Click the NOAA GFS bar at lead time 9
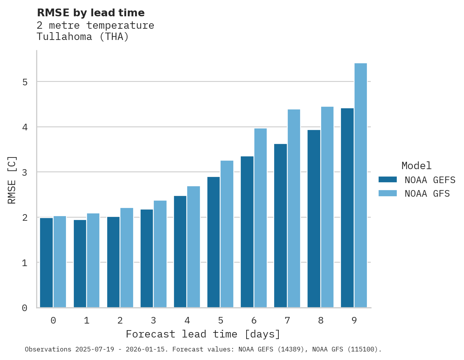click(361, 185)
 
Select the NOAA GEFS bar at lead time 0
click(47, 263)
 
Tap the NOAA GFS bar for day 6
click(261, 218)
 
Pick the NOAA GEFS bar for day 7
click(281, 226)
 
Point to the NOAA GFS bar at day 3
click(160, 254)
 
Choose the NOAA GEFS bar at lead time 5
click(214, 242)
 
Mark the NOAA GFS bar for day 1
click(93, 260)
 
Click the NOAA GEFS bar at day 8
click(314, 219)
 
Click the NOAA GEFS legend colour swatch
click(388, 180)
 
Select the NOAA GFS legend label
click(427, 194)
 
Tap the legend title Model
click(416, 166)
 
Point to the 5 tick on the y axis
click(24, 82)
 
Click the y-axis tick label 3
click(24, 173)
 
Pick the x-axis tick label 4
click(187, 321)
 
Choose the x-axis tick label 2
click(120, 321)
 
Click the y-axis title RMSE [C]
click(12, 180)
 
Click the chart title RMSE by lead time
click(90, 13)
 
